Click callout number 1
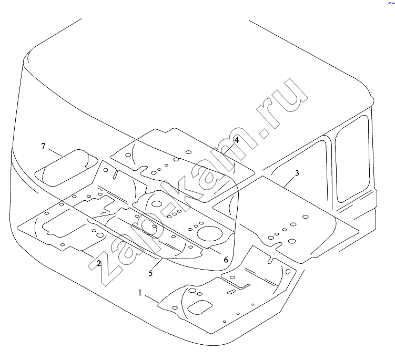point(140,293)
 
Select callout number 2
point(99,263)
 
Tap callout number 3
point(297,173)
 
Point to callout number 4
point(237,140)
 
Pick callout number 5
point(150,273)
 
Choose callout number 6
point(226,260)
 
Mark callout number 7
point(43,146)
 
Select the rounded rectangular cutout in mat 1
point(200,307)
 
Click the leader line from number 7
point(55,152)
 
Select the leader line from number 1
point(152,299)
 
